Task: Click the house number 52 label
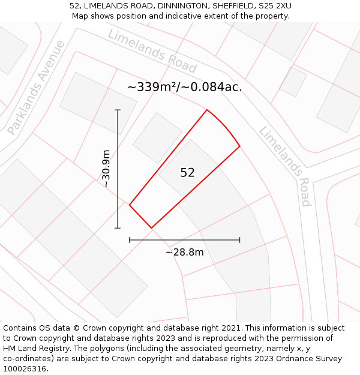pyautogui.click(x=187, y=173)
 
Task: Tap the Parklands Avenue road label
pyautogui.click(x=36, y=88)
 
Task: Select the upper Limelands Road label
pyautogui.click(x=152, y=50)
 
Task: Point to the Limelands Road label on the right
pyautogui.click(x=284, y=166)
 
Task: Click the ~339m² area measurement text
pyautogui.click(x=184, y=86)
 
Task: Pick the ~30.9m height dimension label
pyautogui.click(x=106, y=169)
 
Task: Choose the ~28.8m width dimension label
pyautogui.click(x=184, y=252)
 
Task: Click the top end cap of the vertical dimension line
pyautogui.click(x=118, y=110)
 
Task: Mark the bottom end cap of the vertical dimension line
pyautogui.click(x=118, y=228)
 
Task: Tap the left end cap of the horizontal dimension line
pyautogui.click(x=130, y=240)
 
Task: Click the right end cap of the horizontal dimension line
pyautogui.click(x=239, y=240)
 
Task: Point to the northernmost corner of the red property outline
pyautogui.click(x=207, y=110)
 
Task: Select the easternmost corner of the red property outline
pyautogui.click(x=239, y=146)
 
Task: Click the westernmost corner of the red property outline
pyautogui.click(x=130, y=205)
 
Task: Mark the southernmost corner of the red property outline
pyautogui.click(x=151, y=228)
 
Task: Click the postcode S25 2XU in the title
pyautogui.click(x=274, y=6)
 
